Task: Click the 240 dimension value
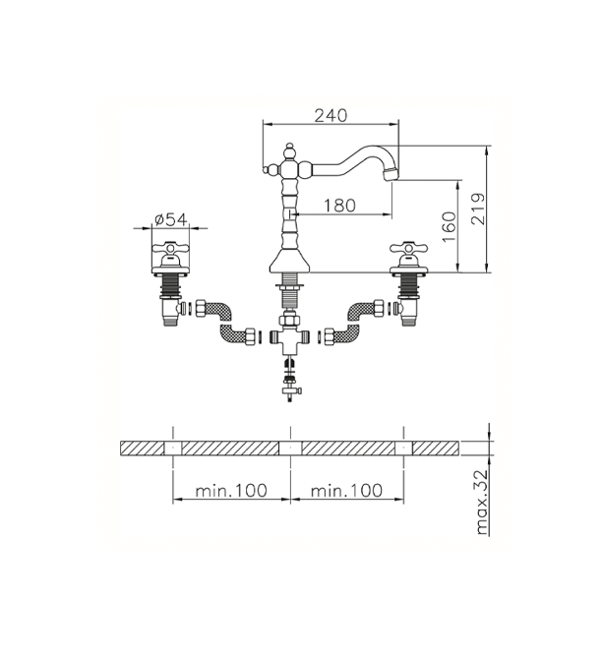[331, 115]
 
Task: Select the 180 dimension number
[339, 206]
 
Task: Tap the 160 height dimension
[450, 227]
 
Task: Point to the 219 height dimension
[478, 209]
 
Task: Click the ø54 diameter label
[170, 219]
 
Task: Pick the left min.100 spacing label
[231, 490]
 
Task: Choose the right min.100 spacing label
[346, 490]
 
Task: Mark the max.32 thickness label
[481, 502]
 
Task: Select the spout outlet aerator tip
[391, 174]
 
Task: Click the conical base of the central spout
[289, 262]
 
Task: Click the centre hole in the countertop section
[290, 448]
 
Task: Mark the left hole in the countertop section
[173, 448]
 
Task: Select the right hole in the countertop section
[403, 448]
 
